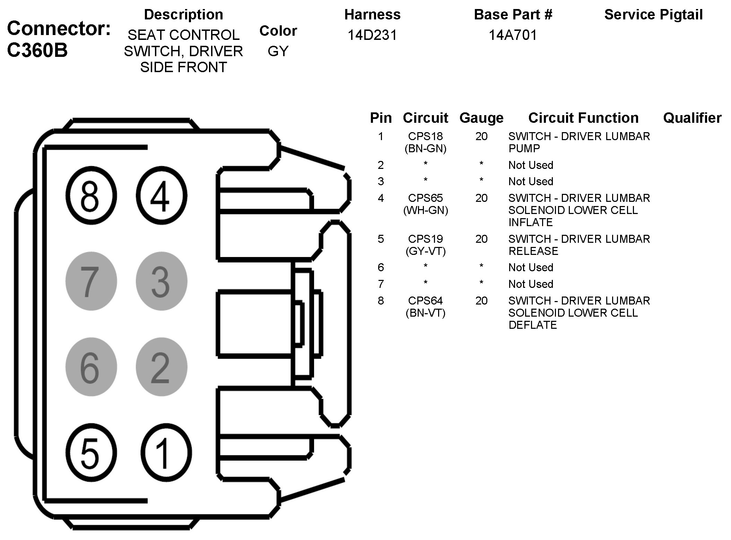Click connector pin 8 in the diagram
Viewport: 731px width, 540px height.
tap(91, 195)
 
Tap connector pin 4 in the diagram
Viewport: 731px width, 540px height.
tap(161, 195)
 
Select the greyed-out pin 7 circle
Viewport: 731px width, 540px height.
tap(91, 281)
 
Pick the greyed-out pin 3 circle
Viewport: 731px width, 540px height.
tap(161, 281)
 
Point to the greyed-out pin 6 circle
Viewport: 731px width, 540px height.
tap(91, 367)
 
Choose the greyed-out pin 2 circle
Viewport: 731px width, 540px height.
tap(161, 367)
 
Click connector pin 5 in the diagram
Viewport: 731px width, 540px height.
tap(91, 453)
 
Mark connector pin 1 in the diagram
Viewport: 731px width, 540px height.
tap(165, 453)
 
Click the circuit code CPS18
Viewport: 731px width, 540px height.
tap(425, 136)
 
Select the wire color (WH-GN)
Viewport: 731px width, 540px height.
tap(425, 210)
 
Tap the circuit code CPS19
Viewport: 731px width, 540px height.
tap(425, 239)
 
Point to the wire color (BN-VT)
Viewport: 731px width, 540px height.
tap(425, 313)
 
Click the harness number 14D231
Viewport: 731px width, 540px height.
tap(372, 35)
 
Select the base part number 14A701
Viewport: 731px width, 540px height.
tap(513, 35)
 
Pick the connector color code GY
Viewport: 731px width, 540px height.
tap(278, 51)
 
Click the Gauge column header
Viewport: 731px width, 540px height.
tap(481, 118)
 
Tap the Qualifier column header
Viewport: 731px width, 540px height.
tap(692, 118)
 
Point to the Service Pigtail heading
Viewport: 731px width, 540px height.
tap(653, 15)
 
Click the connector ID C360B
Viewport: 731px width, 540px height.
tap(37, 51)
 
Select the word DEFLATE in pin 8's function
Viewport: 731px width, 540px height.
tap(532, 325)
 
